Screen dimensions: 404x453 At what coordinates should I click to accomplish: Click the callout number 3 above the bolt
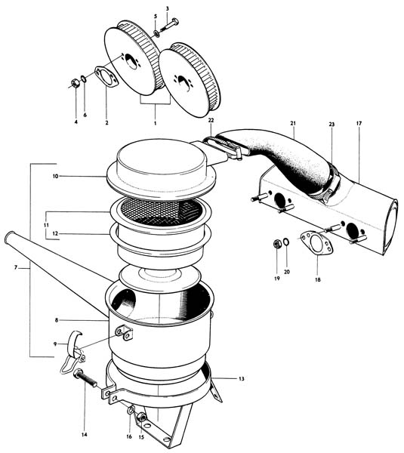168,8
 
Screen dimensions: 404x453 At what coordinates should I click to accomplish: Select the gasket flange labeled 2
106,76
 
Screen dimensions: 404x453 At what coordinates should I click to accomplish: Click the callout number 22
211,120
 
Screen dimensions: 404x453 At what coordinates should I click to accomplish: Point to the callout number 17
359,123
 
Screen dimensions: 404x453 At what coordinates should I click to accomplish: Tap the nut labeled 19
277,245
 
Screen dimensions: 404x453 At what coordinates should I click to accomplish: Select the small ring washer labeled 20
286,242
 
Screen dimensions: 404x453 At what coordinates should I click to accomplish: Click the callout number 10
55,176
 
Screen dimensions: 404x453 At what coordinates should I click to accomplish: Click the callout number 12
55,233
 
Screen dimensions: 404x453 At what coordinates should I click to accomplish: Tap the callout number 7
16,267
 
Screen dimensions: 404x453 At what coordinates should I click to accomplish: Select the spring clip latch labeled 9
72,351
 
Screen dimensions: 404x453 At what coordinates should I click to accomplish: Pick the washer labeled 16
131,409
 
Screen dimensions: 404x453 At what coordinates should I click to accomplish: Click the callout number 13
242,378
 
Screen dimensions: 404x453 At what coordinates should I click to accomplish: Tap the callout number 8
57,320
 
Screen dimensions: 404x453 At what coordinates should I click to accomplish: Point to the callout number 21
293,123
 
